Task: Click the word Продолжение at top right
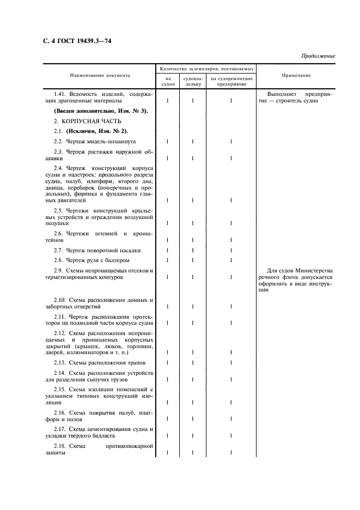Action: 317,56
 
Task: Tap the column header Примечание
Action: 297,76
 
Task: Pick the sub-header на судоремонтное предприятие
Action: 231,81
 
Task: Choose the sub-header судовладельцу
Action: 193,81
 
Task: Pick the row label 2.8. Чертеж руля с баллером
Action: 91,260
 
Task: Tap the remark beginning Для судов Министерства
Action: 301,271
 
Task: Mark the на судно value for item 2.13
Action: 167,362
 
